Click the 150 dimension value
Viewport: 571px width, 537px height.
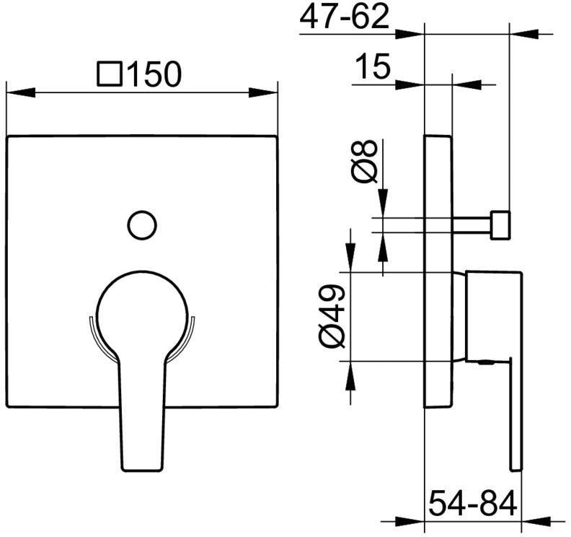point(154,74)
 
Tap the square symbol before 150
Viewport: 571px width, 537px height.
point(110,74)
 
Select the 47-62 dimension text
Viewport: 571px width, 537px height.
point(344,17)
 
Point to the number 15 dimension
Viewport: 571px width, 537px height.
point(373,66)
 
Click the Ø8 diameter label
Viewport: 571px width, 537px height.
point(365,161)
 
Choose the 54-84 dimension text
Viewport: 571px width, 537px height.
point(473,503)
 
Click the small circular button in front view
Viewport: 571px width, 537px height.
point(142,225)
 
